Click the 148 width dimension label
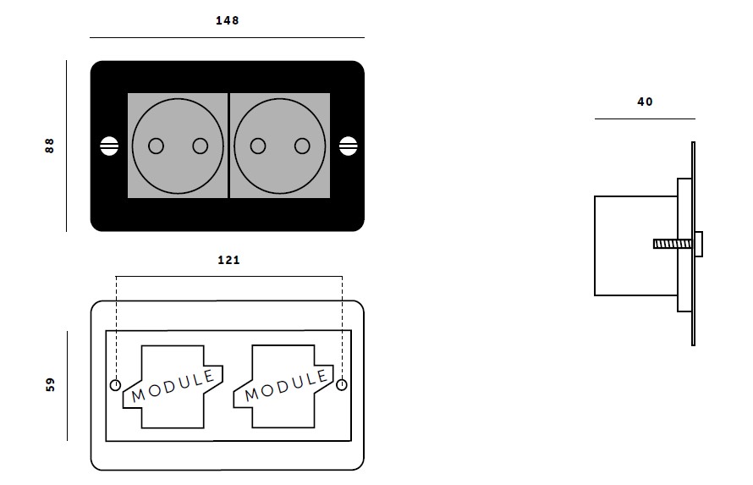pos(227,20)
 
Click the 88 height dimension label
pos(49,146)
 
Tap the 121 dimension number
pos(228,260)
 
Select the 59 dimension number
pos(51,384)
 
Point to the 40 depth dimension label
pos(645,102)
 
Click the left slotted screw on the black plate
pos(109,146)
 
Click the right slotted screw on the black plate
pos(349,146)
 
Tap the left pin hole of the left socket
pos(156,146)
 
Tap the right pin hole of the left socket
pos(201,146)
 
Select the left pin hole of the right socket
pos(258,146)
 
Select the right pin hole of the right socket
pos(302,146)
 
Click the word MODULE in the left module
pos(173,386)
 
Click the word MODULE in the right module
pos(286,386)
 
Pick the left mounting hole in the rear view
pos(116,385)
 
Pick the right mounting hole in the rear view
pos(342,385)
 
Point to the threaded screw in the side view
pos(673,245)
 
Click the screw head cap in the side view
pos(699,245)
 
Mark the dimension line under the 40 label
pos(645,118)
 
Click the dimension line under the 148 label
pos(227,37)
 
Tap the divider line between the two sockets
pos(228,146)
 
